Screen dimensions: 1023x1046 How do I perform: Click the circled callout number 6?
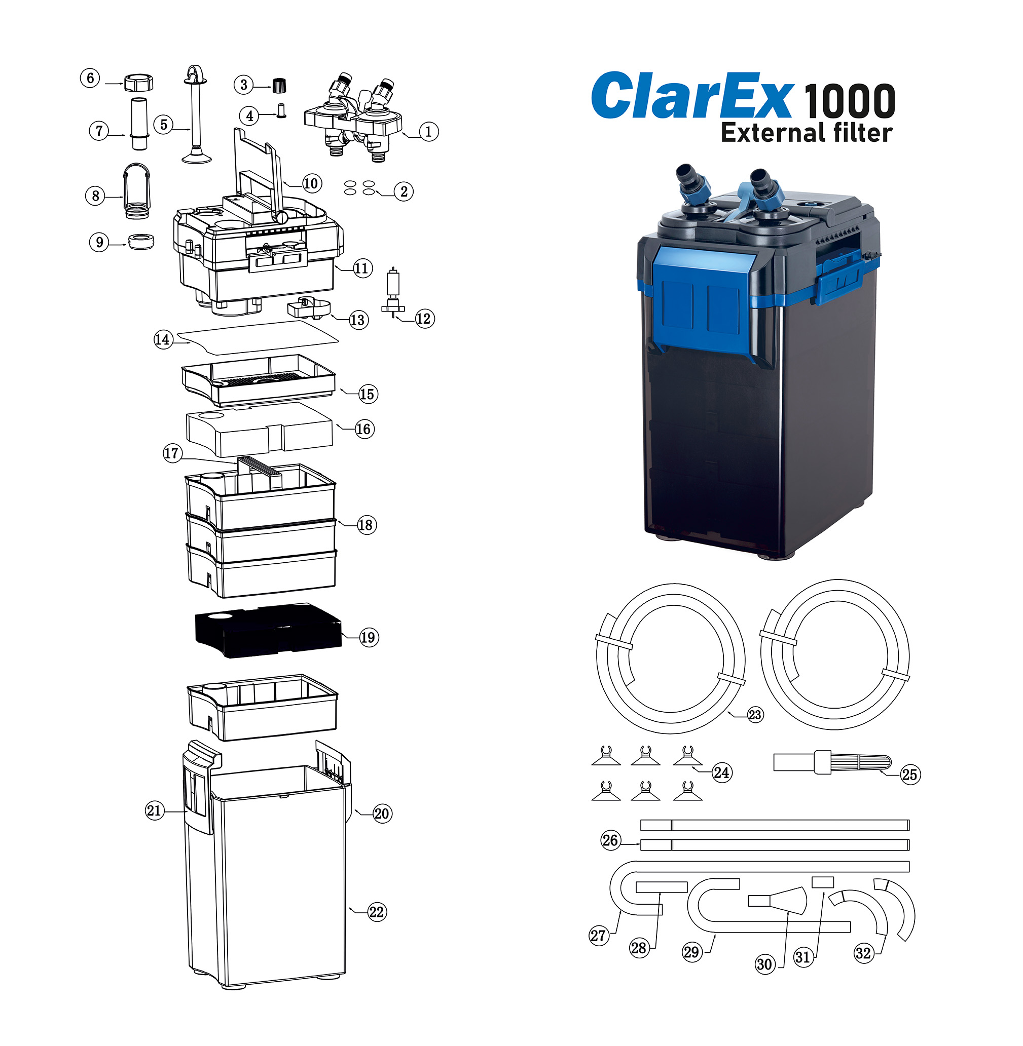pyautogui.click(x=90, y=79)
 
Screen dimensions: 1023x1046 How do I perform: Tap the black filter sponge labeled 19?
pyautogui.click(x=268, y=630)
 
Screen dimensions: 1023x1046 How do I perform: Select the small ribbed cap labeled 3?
pyautogui.click(x=278, y=85)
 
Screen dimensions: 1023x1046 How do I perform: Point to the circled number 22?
pyautogui.click(x=377, y=912)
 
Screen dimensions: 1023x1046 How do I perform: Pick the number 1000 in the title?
pyautogui.click(x=850, y=101)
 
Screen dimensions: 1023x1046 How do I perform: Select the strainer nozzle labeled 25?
pyautogui.click(x=832, y=762)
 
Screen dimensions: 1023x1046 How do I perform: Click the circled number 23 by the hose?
pyautogui.click(x=755, y=714)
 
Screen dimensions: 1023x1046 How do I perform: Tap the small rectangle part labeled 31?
pyautogui.click(x=823, y=882)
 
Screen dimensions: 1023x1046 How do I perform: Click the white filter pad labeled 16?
pyautogui.click(x=259, y=429)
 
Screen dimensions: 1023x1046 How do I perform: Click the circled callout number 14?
pyautogui.click(x=162, y=339)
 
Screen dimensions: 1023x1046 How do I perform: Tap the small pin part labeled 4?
pyautogui.click(x=281, y=110)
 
